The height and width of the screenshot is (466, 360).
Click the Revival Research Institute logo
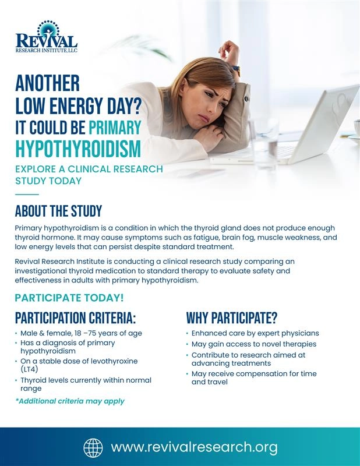click(46, 37)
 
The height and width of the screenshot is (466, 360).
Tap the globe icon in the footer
click(93, 447)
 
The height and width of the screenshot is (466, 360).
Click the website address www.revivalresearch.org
click(194, 447)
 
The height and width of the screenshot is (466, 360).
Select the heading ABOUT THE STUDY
click(58, 211)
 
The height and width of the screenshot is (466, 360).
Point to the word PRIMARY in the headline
click(115, 127)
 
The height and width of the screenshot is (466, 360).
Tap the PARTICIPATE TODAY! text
click(69, 298)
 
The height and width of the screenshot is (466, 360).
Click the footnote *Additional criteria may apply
click(70, 401)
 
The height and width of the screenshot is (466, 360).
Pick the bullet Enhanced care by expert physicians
click(255, 333)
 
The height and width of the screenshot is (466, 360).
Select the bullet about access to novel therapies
click(254, 344)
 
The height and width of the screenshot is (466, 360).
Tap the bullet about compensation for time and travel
click(254, 377)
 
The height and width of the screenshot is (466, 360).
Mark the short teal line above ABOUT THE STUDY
click(27, 194)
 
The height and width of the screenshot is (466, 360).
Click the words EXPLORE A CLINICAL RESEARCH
click(89, 170)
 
